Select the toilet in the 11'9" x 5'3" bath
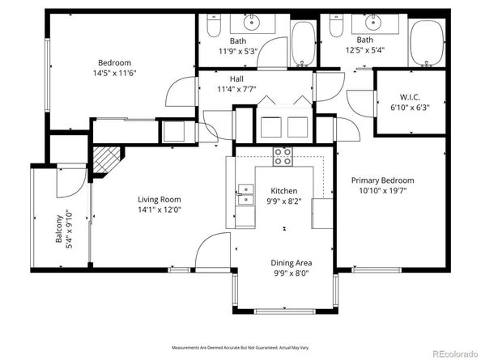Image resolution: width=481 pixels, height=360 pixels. coord(214,28)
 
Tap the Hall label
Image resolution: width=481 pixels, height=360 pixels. coord(236,78)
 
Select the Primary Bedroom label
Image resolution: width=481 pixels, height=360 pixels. coord(382,180)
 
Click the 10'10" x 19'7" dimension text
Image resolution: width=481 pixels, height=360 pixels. coord(382,191)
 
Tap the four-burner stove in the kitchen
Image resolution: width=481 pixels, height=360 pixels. coord(283,156)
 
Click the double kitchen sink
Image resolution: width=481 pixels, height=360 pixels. coord(245,195)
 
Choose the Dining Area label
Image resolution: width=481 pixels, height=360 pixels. coord(291,263)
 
